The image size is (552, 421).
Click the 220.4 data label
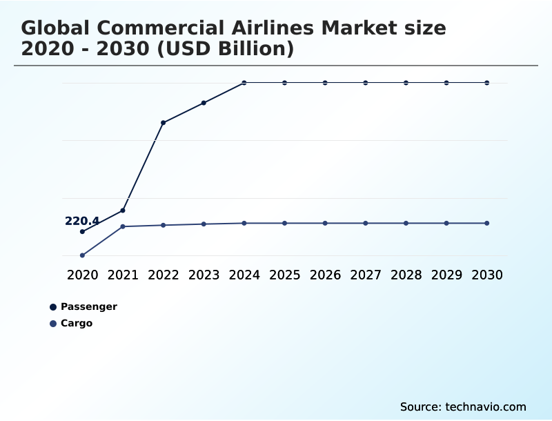click(x=82, y=221)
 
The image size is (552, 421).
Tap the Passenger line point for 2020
click(x=82, y=232)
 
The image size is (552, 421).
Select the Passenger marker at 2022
click(x=163, y=123)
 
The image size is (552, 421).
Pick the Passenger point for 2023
click(x=204, y=103)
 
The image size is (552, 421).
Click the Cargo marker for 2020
click(x=82, y=255)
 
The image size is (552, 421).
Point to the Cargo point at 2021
click(x=123, y=226)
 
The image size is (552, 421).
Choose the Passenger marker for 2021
click(x=123, y=210)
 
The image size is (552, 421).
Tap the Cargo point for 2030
click(x=487, y=223)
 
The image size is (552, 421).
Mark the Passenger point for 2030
click(x=487, y=83)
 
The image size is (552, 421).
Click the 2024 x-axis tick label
click(x=244, y=275)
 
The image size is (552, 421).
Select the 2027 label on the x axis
click(x=366, y=275)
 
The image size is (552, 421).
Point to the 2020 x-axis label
click(x=82, y=275)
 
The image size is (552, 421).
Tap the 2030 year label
click(x=487, y=275)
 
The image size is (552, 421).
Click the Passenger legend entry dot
click(x=53, y=307)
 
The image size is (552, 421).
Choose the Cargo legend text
click(x=77, y=323)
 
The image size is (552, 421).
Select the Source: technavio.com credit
click(x=463, y=407)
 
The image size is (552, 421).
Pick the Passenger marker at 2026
click(x=325, y=83)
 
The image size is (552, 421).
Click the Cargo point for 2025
click(x=284, y=223)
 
